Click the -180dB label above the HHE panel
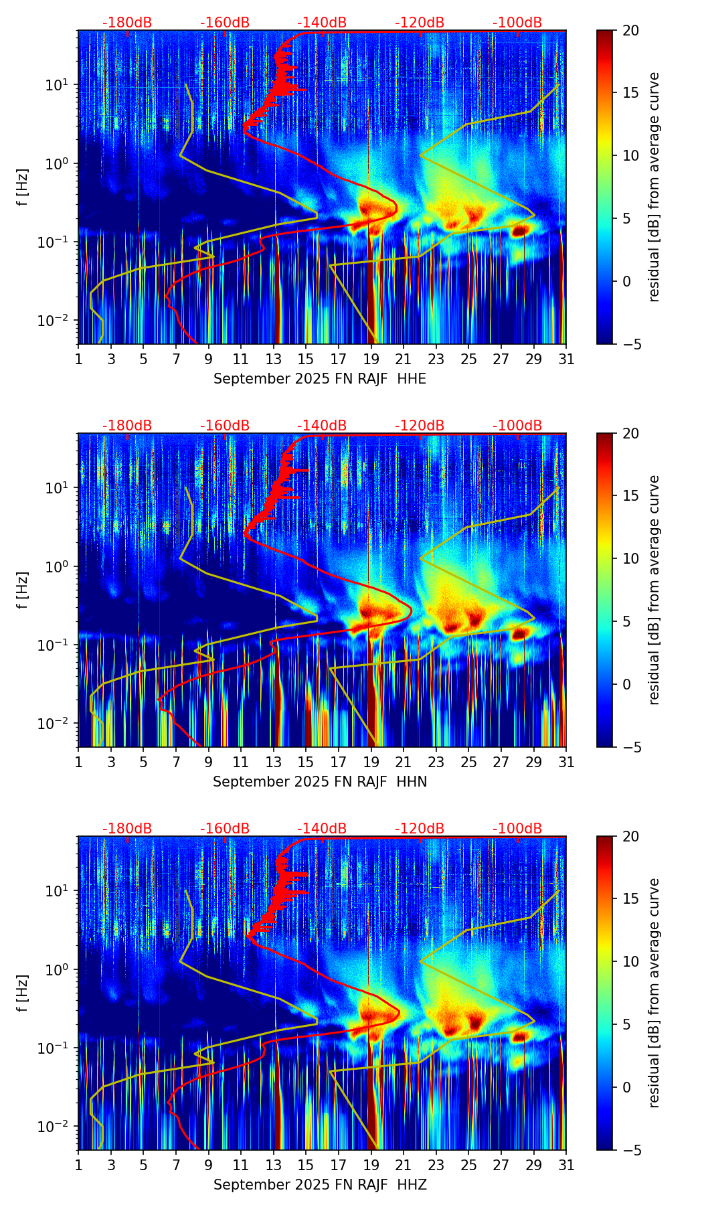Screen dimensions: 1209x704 click(x=127, y=23)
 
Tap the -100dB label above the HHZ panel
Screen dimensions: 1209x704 click(x=517, y=829)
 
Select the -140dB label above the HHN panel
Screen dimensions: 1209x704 click(x=322, y=426)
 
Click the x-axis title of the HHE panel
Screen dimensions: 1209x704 click(x=320, y=379)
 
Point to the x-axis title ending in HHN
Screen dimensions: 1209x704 click(x=320, y=782)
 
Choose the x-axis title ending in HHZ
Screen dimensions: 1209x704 click(x=320, y=1185)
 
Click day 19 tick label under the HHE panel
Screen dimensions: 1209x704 click(x=371, y=359)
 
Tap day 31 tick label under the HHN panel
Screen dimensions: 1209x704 click(x=566, y=762)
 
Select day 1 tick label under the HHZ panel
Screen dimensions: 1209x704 click(x=78, y=1165)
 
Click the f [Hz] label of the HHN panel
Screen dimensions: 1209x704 click(x=22, y=590)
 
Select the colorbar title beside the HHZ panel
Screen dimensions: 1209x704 click(x=654, y=993)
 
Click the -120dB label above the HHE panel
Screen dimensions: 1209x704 click(x=420, y=23)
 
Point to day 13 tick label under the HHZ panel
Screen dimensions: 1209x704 click(x=274, y=1165)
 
